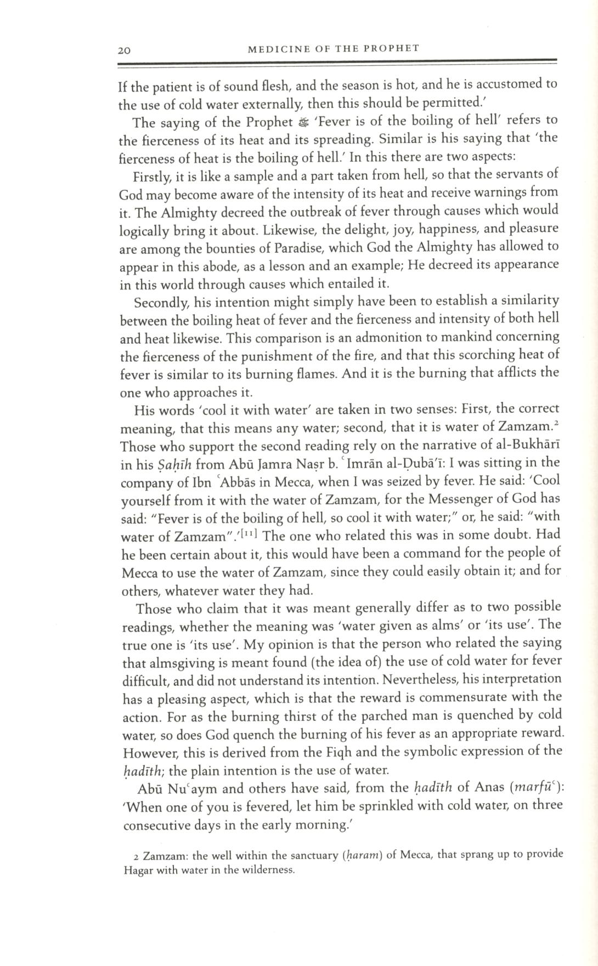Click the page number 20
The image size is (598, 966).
[x=123, y=51]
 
